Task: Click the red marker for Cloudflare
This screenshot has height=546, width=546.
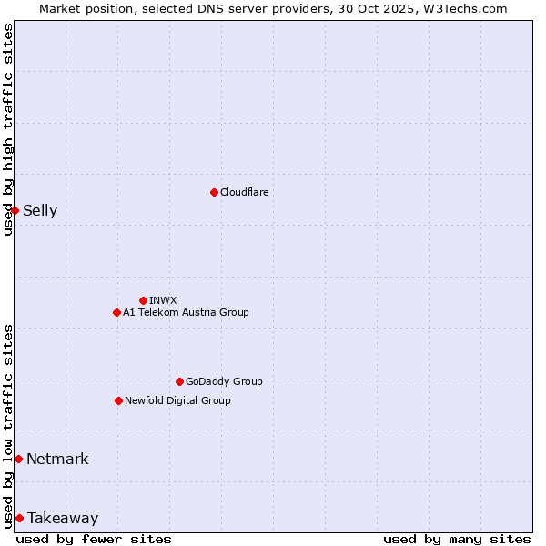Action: point(214,192)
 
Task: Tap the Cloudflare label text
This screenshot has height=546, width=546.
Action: point(245,193)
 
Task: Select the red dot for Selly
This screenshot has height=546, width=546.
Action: point(15,210)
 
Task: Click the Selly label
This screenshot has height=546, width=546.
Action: point(40,211)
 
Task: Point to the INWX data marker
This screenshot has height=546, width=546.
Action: point(143,300)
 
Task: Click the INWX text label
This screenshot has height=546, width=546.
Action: point(164,301)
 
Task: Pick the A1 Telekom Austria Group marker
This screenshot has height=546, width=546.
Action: point(116,312)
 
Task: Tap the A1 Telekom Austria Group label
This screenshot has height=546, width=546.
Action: point(186,313)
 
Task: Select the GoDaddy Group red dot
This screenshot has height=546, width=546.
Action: point(179,381)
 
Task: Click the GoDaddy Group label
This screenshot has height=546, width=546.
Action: point(224,382)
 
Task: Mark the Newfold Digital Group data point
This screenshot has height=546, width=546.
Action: point(118,400)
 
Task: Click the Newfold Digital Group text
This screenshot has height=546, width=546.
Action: point(177,401)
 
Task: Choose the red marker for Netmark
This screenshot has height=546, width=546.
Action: point(18,459)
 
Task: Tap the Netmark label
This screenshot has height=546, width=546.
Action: point(57,460)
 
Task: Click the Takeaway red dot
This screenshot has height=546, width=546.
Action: point(19,518)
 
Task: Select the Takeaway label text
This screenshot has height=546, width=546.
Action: point(63,519)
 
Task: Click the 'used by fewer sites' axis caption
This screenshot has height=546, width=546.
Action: point(94,539)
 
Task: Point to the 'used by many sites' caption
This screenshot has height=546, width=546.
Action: point(457,539)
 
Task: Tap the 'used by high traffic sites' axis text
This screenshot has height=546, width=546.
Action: point(8,130)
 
